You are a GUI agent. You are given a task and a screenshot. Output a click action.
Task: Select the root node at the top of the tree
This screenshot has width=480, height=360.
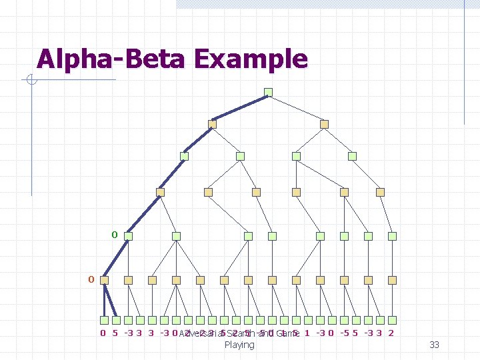tap(268, 92)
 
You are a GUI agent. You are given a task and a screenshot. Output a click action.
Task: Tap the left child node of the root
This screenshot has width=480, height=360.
tap(213, 124)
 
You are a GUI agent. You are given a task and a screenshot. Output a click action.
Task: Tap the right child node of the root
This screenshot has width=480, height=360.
tap(324, 124)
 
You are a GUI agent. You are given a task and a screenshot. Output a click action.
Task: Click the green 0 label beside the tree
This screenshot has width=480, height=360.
tap(114, 235)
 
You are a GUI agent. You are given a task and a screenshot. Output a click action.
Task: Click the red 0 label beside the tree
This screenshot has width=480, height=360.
tap(91, 279)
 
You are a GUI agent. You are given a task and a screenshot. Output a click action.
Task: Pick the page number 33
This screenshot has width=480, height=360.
tap(434, 345)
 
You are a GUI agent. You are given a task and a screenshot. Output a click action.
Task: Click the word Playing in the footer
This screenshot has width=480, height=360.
tap(239, 345)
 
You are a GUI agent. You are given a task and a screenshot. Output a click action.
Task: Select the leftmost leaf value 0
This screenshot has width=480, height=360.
tap(103, 333)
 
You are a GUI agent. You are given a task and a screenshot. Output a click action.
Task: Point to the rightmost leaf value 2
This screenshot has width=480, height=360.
tap(391, 333)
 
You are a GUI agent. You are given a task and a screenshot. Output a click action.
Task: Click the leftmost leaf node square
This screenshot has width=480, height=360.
tap(105, 320)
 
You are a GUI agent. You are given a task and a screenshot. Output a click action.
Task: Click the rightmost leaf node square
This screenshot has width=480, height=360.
tap(393, 320)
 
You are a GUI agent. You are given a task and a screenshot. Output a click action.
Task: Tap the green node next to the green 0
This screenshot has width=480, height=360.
tap(129, 236)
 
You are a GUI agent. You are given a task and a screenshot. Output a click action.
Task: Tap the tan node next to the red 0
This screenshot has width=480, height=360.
tap(105, 280)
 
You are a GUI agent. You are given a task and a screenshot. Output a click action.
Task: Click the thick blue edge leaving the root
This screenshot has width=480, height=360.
tap(240, 108)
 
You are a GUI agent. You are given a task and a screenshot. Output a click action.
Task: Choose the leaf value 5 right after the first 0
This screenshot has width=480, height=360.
tap(116, 333)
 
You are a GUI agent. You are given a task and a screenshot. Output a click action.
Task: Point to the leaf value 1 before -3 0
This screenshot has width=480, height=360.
tap(306, 333)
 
